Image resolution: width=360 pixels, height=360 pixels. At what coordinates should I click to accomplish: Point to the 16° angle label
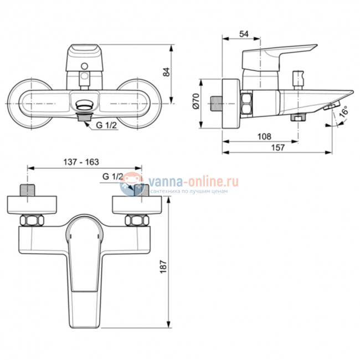[x=343, y=112]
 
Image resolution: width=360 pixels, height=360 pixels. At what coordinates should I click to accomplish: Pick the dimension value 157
[x=279, y=147]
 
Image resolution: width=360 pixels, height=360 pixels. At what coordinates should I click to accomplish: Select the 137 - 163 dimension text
[x=81, y=162]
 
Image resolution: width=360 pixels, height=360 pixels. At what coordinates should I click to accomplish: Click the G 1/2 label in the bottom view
[x=113, y=177]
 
